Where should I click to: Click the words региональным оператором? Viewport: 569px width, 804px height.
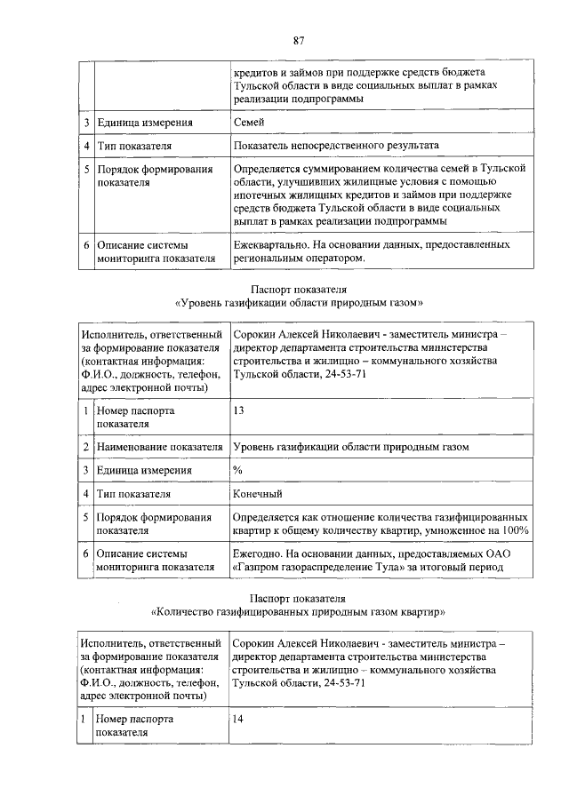point(298,258)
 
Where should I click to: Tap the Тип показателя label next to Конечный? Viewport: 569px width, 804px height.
point(134,493)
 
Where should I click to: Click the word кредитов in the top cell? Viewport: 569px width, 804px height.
point(255,72)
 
